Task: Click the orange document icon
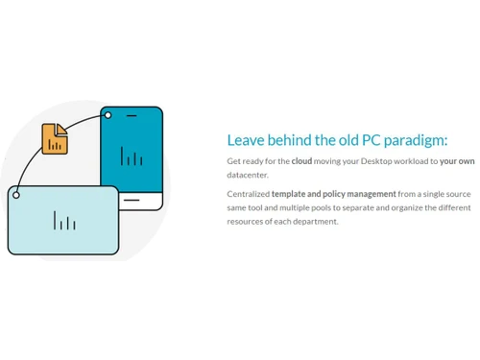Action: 55,138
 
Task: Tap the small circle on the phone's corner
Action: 108,115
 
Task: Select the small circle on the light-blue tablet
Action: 15,195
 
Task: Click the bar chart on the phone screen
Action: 132,156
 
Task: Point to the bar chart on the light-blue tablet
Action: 64,221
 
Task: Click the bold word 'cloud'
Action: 301,161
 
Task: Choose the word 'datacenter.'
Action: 248,175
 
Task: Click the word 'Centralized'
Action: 248,193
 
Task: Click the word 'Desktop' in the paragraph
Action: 370,161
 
